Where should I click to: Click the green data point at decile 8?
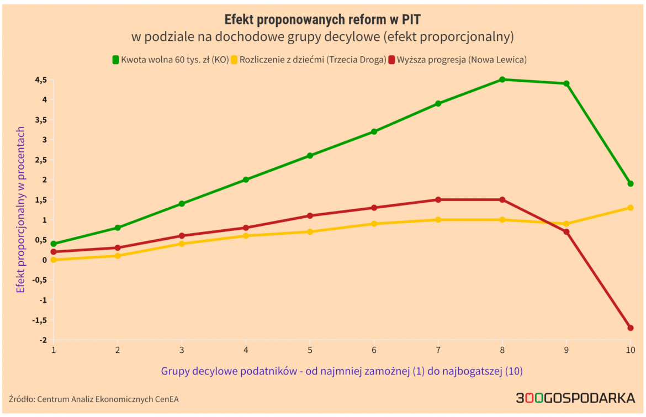502,80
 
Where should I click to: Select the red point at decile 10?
630,328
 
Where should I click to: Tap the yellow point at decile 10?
630,208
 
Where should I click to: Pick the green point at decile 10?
630,183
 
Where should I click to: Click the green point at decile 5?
310,156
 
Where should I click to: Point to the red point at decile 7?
438,200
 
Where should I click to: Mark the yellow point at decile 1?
54,260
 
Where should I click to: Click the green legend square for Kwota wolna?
116,59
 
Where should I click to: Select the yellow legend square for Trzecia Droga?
234,59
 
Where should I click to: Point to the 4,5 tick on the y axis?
41,80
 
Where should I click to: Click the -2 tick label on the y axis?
43,340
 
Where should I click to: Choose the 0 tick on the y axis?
44,260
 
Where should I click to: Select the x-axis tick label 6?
374,350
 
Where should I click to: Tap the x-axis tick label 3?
182,350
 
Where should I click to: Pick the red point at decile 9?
566,232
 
